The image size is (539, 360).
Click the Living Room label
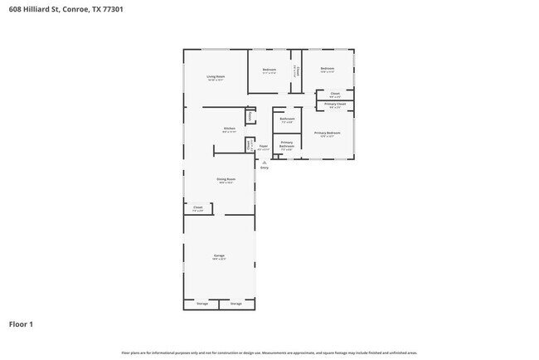click(x=216, y=76)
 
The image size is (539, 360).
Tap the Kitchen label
click(x=229, y=128)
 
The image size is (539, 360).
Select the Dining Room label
click(x=226, y=179)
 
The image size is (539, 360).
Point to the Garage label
click(x=219, y=255)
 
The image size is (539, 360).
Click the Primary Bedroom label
click(x=327, y=133)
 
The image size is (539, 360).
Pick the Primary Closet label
click(x=335, y=104)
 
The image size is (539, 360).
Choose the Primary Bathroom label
click(x=286, y=145)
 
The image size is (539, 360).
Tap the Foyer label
click(x=263, y=147)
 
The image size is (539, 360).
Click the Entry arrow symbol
click(x=265, y=162)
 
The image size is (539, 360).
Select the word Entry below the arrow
click(x=265, y=168)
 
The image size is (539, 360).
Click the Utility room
click(x=250, y=116)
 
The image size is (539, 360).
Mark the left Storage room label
click(x=202, y=304)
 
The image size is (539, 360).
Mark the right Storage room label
click(x=236, y=304)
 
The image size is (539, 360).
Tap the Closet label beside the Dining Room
click(x=197, y=207)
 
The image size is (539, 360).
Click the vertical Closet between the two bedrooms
click(x=296, y=71)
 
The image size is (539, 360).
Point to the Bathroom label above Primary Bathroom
click(x=287, y=119)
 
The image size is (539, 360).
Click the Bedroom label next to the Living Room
click(x=269, y=69)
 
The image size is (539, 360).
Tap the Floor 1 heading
click(x=21, y=324)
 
